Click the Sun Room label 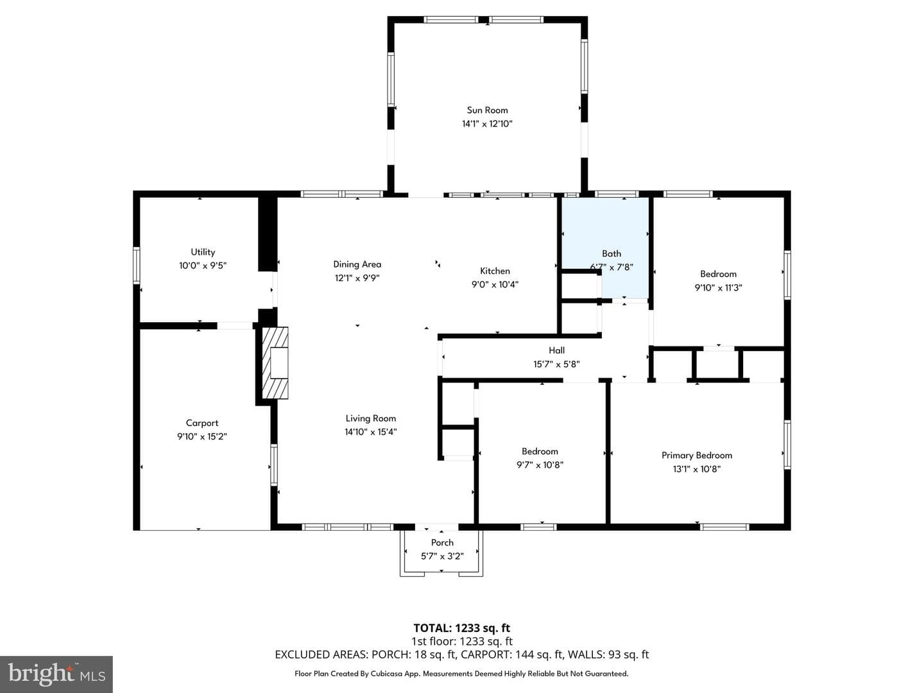tap(487, 110)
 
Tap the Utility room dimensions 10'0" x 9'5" tap(203, 266)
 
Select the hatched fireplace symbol tap(275, 363)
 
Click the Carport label tap(202, 423)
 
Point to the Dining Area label tap(357, 264)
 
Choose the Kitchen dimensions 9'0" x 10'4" tap(495, 284)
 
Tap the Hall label tap(556, 350)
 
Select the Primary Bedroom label tap(697, 456)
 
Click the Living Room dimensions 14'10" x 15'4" tap(371, 432)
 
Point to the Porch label tap(442, 543)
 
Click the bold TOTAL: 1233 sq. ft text tap(462, 628)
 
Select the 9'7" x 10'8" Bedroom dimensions tap(540, 465)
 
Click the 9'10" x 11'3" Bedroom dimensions tap(719, 288)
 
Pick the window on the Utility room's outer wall tap(137, 265)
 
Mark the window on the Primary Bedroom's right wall tap(787, 444)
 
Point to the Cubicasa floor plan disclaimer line tap(461, 674)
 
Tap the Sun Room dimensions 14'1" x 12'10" tap(487, 124)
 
